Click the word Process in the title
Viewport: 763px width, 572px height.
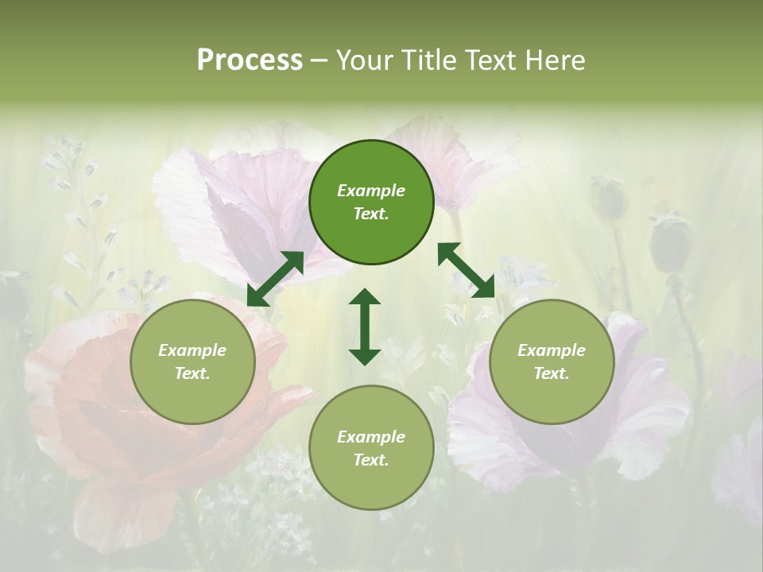[x=250, y=60]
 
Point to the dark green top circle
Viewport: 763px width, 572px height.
[x=371, y=203]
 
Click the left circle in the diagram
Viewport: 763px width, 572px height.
[x=192, y=361]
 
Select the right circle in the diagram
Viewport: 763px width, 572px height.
[x=552, y=361]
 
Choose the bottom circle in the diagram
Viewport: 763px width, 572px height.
[x=371, y=448]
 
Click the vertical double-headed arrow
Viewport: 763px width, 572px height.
[x=365, y=327]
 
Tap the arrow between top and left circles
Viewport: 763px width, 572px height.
[x=276, y=278]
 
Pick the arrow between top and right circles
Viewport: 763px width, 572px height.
[x=466, y=270]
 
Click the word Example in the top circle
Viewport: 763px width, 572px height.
[x=371, y=191]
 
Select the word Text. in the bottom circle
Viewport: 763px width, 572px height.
[x=371, y=460]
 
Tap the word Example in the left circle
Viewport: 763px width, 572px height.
[x=192, y=350]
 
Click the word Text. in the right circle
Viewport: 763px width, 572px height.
[x=552, y=373]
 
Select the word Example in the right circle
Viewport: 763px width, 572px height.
[x=552, y=350]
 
